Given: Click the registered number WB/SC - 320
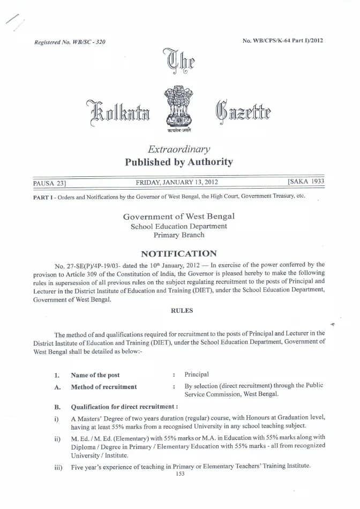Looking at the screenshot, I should tap(69, 42).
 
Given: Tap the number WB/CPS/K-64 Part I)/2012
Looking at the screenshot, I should tap(283, 40).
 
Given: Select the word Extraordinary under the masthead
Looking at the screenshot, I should tap(178, 149).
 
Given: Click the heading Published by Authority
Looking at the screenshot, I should tap(178, 162).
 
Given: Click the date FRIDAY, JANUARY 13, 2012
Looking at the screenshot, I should tap(177, 183).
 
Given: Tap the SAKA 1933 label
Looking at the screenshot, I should tap(305, 182).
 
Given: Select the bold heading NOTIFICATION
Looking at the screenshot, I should tap(178, 253).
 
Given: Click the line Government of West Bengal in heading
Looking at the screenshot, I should tap(178, 216).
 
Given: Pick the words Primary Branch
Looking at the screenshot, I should tap(178, 235).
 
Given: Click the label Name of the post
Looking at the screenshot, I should tap(95, 375).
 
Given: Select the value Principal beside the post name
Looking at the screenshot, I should tap(197, 375).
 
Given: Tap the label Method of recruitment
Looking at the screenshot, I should tap(103, 387).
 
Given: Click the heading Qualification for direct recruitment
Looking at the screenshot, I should tap(124, 406).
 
